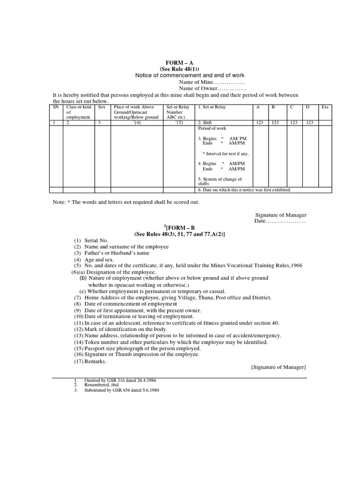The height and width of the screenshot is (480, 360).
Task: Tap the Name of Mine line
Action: [x=212, y=82]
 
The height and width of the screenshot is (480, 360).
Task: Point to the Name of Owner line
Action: [x=212, y=89]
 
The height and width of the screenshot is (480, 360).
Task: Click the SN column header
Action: [x=56, y=107]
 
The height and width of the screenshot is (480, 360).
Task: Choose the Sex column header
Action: [x=102, y=107]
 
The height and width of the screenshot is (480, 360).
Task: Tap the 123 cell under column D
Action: [x=308, y=122]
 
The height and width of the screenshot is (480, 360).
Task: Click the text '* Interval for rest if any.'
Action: [x=225, y=154]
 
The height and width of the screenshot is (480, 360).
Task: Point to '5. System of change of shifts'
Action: [x=220, y=181]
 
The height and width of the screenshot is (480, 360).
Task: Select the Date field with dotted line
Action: [x=280, y=221]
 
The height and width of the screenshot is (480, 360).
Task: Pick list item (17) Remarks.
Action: [x=90, y=361]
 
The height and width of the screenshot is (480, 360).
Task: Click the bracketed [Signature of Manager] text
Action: [x=278, y=367]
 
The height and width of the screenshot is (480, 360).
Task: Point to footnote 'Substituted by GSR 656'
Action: [x=121, y=390]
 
